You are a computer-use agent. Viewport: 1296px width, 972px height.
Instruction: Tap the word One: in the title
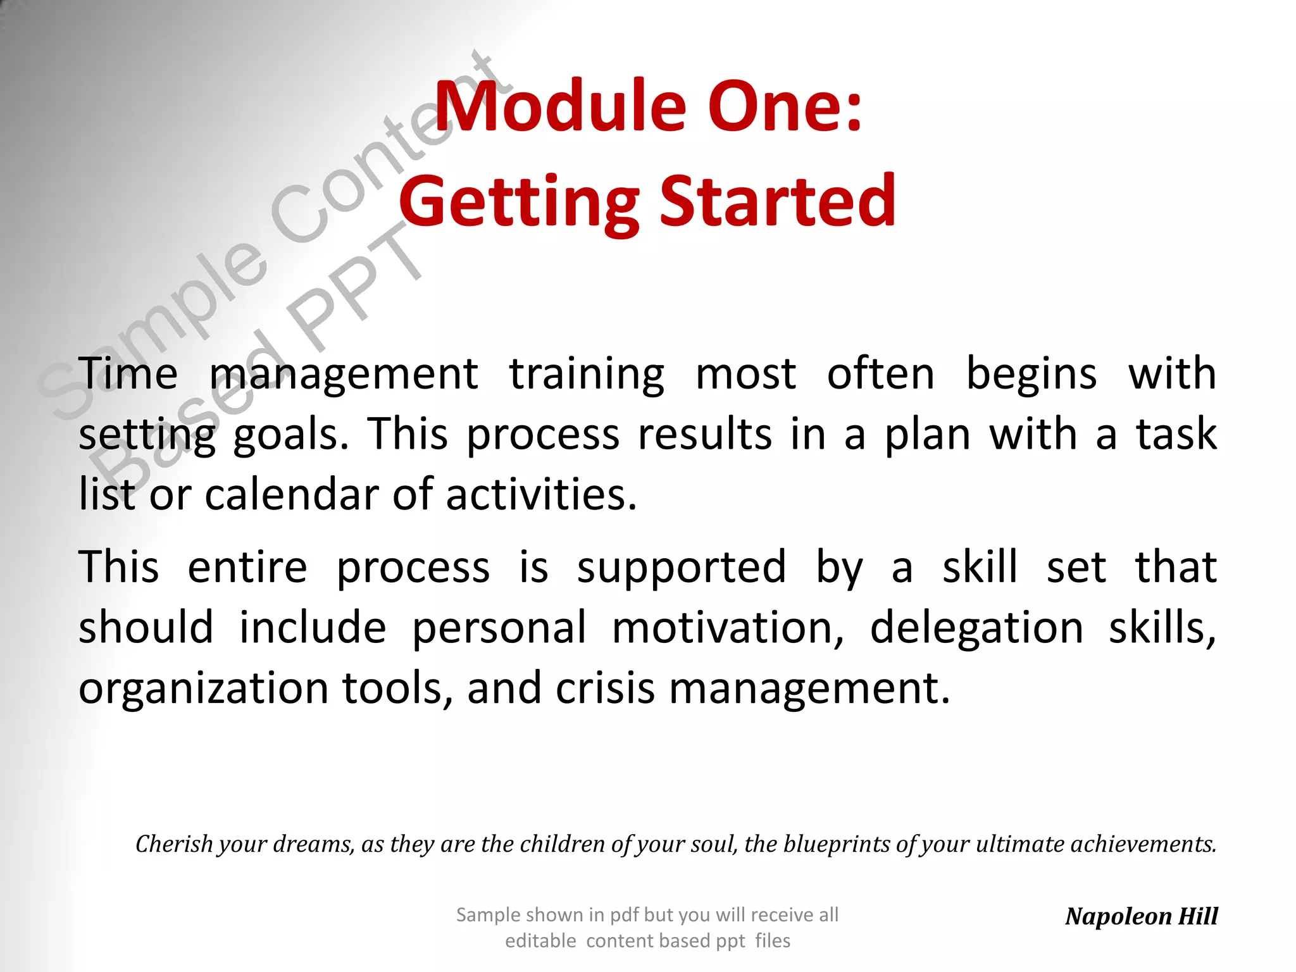785,106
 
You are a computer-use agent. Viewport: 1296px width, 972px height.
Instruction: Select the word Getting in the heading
519,201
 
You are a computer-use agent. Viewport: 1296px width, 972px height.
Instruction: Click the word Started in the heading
778,201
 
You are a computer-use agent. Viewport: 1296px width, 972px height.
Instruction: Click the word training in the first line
587,375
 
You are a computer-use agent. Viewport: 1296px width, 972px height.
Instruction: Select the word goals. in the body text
291,435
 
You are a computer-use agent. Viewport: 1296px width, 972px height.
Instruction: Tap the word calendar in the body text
291,494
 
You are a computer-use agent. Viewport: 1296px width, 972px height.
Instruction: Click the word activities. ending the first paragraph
541,494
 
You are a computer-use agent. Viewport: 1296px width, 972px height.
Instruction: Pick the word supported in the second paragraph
682,567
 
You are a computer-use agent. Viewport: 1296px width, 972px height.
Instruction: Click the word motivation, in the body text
728,628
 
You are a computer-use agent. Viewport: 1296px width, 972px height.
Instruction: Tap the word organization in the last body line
203,688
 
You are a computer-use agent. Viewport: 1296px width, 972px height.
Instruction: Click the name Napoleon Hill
1141,916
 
